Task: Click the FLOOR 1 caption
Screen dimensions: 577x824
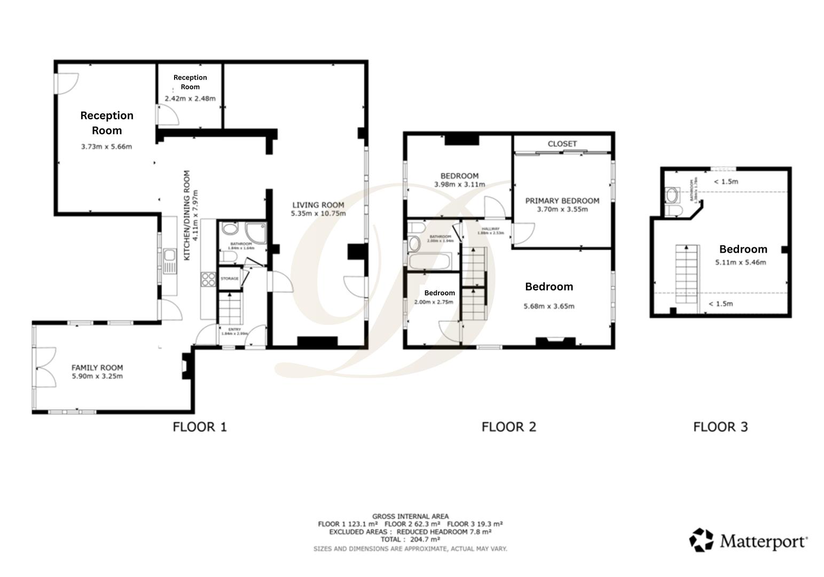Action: (200, 427)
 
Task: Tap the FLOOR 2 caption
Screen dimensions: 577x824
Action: (508, 427)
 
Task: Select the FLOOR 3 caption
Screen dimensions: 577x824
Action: (720, 427)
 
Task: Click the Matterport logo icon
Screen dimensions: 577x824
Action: (701, 540)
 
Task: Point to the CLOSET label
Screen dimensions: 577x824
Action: (562, 144)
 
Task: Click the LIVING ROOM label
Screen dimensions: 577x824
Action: (318, 205)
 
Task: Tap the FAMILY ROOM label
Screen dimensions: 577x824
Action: (97, 368)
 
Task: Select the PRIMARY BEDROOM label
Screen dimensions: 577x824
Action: (562, 201)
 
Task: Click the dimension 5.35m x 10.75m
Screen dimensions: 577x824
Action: (318, 214)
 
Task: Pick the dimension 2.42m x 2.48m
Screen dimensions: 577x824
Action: (190, 98)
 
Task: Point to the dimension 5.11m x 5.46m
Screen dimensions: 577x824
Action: (740, 262)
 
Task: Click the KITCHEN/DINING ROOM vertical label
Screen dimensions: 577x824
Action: (187, 215)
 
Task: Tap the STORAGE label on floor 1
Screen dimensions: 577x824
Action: (230, 278)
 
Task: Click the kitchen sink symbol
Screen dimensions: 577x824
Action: (170, 261)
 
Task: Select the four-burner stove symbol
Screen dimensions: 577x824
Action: (208, 279)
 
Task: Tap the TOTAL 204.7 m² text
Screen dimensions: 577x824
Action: (410, 540)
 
